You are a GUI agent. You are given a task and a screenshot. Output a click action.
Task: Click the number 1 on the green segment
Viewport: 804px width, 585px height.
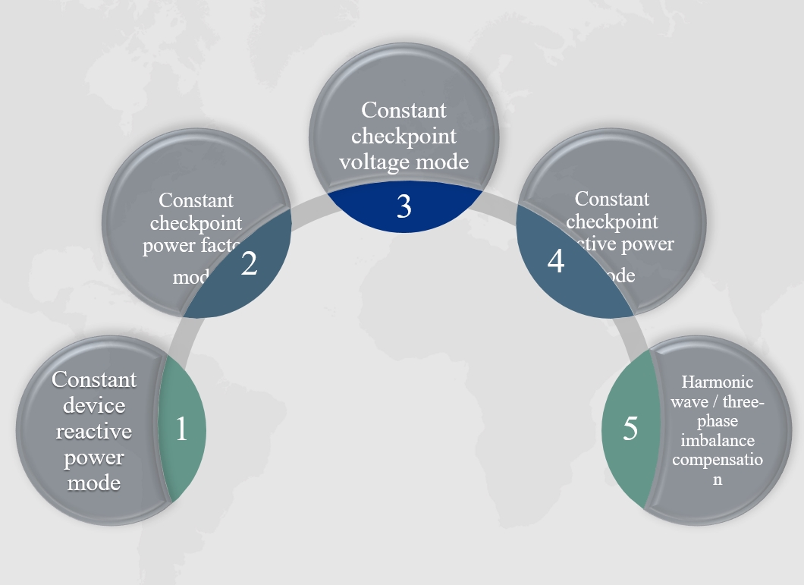[181, 429]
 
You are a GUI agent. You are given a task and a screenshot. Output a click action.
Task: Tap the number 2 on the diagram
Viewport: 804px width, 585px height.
[249, 263]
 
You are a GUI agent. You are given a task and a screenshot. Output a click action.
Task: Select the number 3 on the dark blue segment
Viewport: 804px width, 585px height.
[404, 206]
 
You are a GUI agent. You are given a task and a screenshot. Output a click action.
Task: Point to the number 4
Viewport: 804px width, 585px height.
[556, 262]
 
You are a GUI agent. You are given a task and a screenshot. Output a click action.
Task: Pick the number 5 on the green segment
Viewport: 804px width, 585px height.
[630, 429]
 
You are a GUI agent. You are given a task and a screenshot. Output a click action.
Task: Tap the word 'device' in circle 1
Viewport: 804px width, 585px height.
[94, 405]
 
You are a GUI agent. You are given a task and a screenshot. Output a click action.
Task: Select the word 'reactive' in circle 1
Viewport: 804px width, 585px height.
[94, 431]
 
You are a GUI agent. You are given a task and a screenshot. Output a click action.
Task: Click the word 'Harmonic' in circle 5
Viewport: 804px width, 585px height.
[718, 382]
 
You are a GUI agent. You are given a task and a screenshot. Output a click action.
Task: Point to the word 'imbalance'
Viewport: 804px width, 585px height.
[718, 440]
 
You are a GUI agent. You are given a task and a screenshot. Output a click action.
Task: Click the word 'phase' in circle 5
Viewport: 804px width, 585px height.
[718, 421]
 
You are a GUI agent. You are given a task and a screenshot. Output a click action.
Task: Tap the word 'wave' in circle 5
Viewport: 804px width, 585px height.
[692, 401]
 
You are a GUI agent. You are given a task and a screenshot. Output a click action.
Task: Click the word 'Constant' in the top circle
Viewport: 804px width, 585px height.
[404, 110]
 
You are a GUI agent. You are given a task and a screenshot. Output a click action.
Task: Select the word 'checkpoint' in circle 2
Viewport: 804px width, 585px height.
[196, 224]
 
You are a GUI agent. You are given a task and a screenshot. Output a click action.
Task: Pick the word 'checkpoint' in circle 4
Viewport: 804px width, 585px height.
[612, 222]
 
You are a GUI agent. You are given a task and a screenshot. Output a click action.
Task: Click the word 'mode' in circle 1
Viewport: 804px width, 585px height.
[94, 483]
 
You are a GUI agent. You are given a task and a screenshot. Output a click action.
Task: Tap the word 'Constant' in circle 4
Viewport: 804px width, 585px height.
[612, 199]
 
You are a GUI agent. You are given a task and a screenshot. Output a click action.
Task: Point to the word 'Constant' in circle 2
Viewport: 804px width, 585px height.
[196, 201]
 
